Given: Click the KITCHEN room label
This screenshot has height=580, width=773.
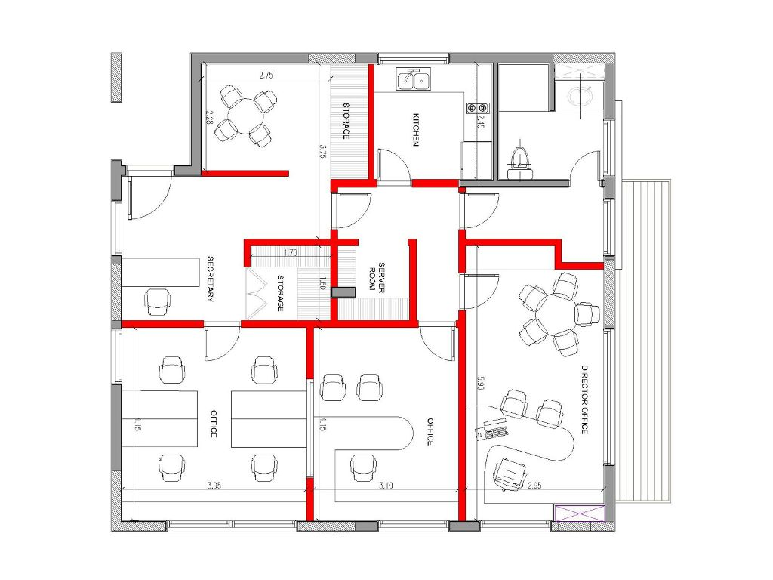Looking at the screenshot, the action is (x=416, y=130).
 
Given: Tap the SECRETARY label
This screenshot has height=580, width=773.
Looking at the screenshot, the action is (x=210, y=279).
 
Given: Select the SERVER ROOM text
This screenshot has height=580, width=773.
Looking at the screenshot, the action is (x=377, y=278).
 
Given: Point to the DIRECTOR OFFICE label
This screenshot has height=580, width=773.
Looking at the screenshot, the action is (x=585, y=400).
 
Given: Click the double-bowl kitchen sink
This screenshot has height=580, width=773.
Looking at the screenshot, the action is (x=414, y=79).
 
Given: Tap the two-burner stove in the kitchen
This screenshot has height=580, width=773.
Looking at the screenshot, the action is (x=478, y=107).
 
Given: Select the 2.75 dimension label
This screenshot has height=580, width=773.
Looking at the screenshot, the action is (x=266, y=76).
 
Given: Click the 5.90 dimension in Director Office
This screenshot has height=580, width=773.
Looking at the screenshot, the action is (x=481, y=383).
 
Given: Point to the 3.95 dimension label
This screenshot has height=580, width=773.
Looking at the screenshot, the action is (x=214, y=486).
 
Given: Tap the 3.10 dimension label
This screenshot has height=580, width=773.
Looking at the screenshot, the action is (x=386, y=486).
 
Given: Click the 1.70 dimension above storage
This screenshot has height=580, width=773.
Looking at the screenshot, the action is (x=291, y=252).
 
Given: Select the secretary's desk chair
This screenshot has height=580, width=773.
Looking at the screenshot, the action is (x=159, y=302).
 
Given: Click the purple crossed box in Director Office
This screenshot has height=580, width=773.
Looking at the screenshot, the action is (x=578, y=513).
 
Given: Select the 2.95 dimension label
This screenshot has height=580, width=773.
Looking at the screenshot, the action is (x=534, y=486).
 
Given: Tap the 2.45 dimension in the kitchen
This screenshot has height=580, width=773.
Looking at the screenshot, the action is (x=479, y=122).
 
